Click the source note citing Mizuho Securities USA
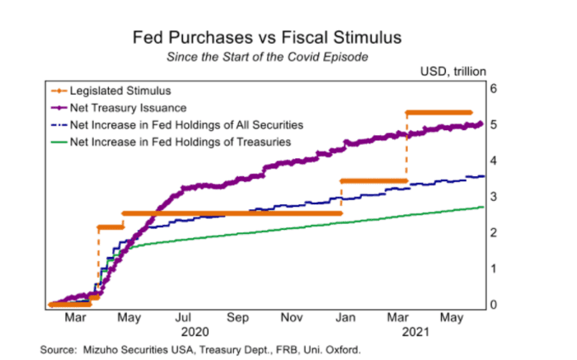pos(202,350)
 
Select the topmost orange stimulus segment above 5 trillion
pos(439,112)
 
